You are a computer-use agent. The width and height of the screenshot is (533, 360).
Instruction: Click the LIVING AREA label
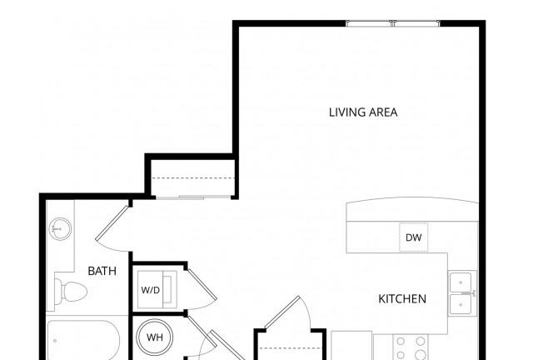pos(363,112)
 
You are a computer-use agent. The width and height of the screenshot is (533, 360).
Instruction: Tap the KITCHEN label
pos(402,299)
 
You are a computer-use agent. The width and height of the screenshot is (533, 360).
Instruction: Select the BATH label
pos(102,271)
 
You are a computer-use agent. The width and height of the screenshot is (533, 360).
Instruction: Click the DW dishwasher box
pos(414,237)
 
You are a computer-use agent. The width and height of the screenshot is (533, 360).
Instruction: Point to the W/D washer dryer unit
pos(157,289)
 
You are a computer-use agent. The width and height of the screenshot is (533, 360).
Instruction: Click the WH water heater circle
pos(155,337)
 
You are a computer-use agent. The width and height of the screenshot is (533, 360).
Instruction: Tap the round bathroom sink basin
pos(60,229)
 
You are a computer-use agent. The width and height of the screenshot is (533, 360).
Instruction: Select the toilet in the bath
pos(70,292)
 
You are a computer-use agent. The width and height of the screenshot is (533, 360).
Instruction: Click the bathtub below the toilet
pos(83,340)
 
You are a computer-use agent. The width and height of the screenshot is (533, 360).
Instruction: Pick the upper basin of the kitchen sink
pos(461,282)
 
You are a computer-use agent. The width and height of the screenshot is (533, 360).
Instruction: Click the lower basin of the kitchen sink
pos(461,304)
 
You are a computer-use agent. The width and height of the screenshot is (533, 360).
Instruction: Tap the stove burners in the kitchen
pos(411,347)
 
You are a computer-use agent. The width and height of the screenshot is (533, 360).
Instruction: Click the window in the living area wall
pos(393,23)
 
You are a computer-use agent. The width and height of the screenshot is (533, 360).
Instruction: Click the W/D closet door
pos(202,289)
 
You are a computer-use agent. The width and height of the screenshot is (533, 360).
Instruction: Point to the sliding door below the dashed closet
pos(192,197)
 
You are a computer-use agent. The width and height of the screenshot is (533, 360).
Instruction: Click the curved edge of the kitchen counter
pos(412,200)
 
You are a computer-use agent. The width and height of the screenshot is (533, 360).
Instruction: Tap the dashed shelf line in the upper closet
pos(193,178)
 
